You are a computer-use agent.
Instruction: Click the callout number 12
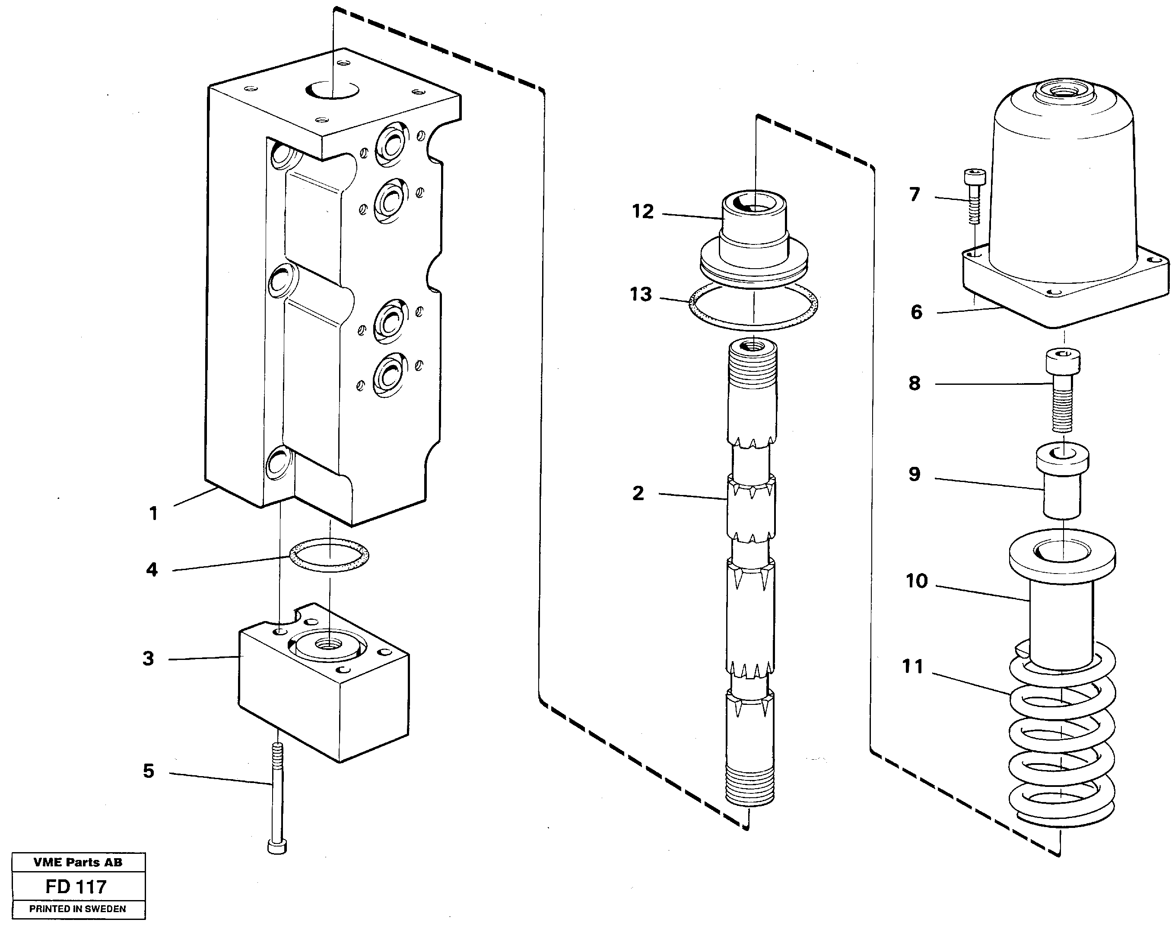click(x=642, y=212)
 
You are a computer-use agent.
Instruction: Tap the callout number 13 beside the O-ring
click(x=640, y=295)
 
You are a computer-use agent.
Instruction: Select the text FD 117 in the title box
click(x=76, y=887)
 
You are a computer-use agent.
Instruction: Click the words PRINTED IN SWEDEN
click(x=78, y=909)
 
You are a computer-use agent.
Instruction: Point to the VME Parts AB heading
click(x=78, y=862)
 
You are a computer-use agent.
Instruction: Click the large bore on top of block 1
click(x=331, y=90)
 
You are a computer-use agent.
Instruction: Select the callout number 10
click(x=916, y=581)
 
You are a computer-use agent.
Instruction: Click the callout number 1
click(x=153, y=514)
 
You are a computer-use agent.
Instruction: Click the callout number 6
click(x=916, y=313)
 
